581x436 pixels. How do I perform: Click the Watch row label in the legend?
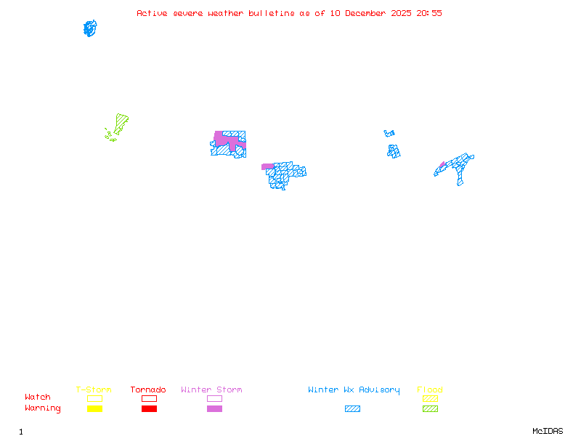[x=38, y=397]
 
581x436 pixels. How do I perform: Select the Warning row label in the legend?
[x=43, y=408]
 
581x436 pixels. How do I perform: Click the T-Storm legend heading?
[x=94, y=390]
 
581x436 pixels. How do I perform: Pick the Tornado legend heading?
[x=148, y=390]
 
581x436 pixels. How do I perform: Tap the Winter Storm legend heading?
[x=211, y=390]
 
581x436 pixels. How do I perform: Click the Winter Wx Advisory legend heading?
[x=354, y=390]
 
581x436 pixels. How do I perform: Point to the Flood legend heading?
[x=430, y=390]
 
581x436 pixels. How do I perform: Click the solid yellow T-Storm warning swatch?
[x=94, y=409]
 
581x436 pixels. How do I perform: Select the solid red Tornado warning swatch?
[x=149, y=409]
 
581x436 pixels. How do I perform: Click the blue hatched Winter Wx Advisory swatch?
[x=352, y=409]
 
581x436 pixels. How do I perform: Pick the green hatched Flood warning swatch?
[x=430, y=409]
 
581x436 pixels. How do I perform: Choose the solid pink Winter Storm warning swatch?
[x=214, y=409]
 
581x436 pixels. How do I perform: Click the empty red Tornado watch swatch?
[x=149, y=398]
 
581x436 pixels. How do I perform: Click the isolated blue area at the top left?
[x=90, y=28]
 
